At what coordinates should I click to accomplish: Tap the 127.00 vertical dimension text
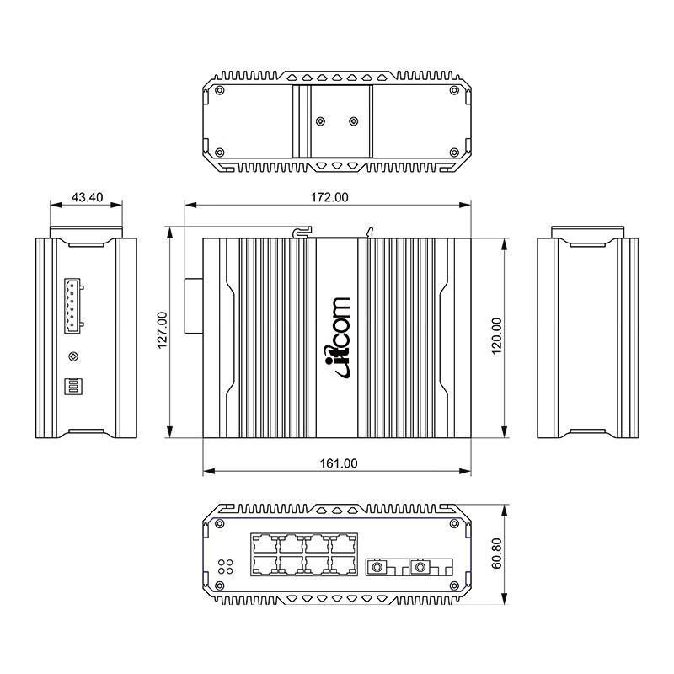coord(163,329)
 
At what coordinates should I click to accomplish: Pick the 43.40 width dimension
coord(87,197)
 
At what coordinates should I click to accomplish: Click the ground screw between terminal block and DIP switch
coord(73,356)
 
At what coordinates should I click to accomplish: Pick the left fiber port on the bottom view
coord(377,567)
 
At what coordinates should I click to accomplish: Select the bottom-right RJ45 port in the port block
coord(342,564)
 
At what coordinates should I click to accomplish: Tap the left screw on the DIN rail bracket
coord(319,121)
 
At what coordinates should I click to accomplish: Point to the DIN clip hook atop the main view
coord(302,230)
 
